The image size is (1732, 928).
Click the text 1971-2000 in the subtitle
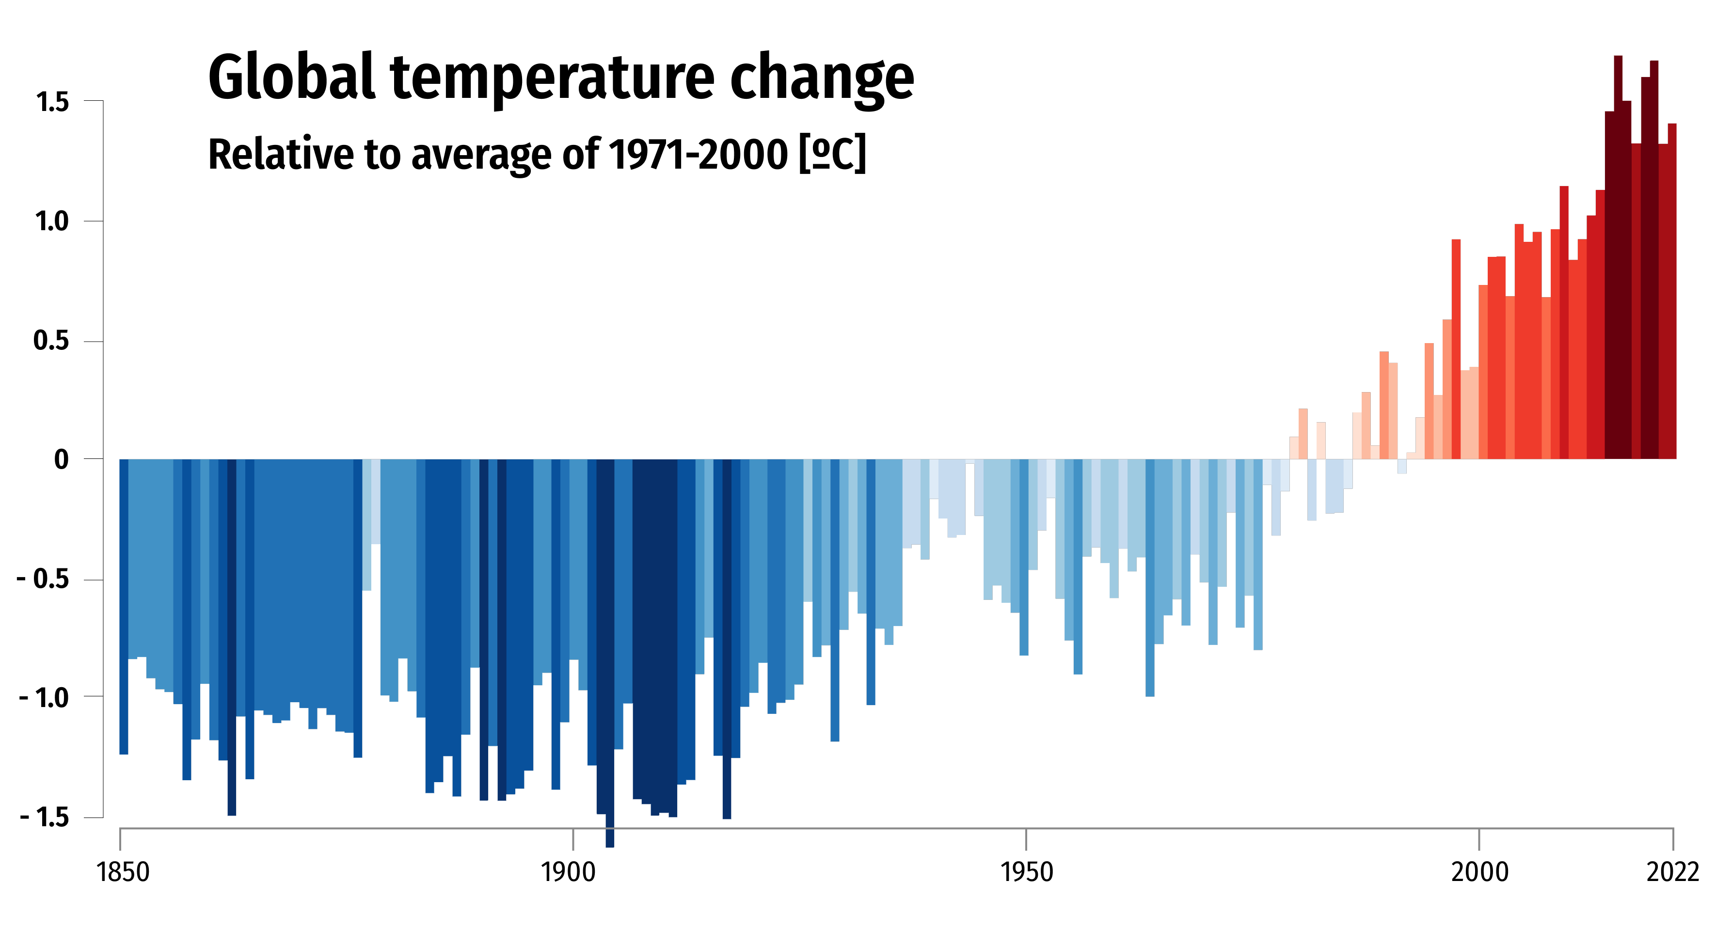[x=698, y=154]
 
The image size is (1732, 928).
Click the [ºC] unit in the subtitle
[x=832, y=154]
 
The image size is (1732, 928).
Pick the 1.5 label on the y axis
[x=52, y=102]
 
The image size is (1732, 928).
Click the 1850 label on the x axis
[x=122, y=872]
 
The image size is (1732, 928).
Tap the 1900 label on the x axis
[x=568, y=872]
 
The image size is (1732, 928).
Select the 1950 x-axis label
[x=1027, y=872]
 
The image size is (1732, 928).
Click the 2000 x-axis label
[x=1479, y=872]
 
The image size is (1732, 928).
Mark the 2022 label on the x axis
[x=1672, y=872]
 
